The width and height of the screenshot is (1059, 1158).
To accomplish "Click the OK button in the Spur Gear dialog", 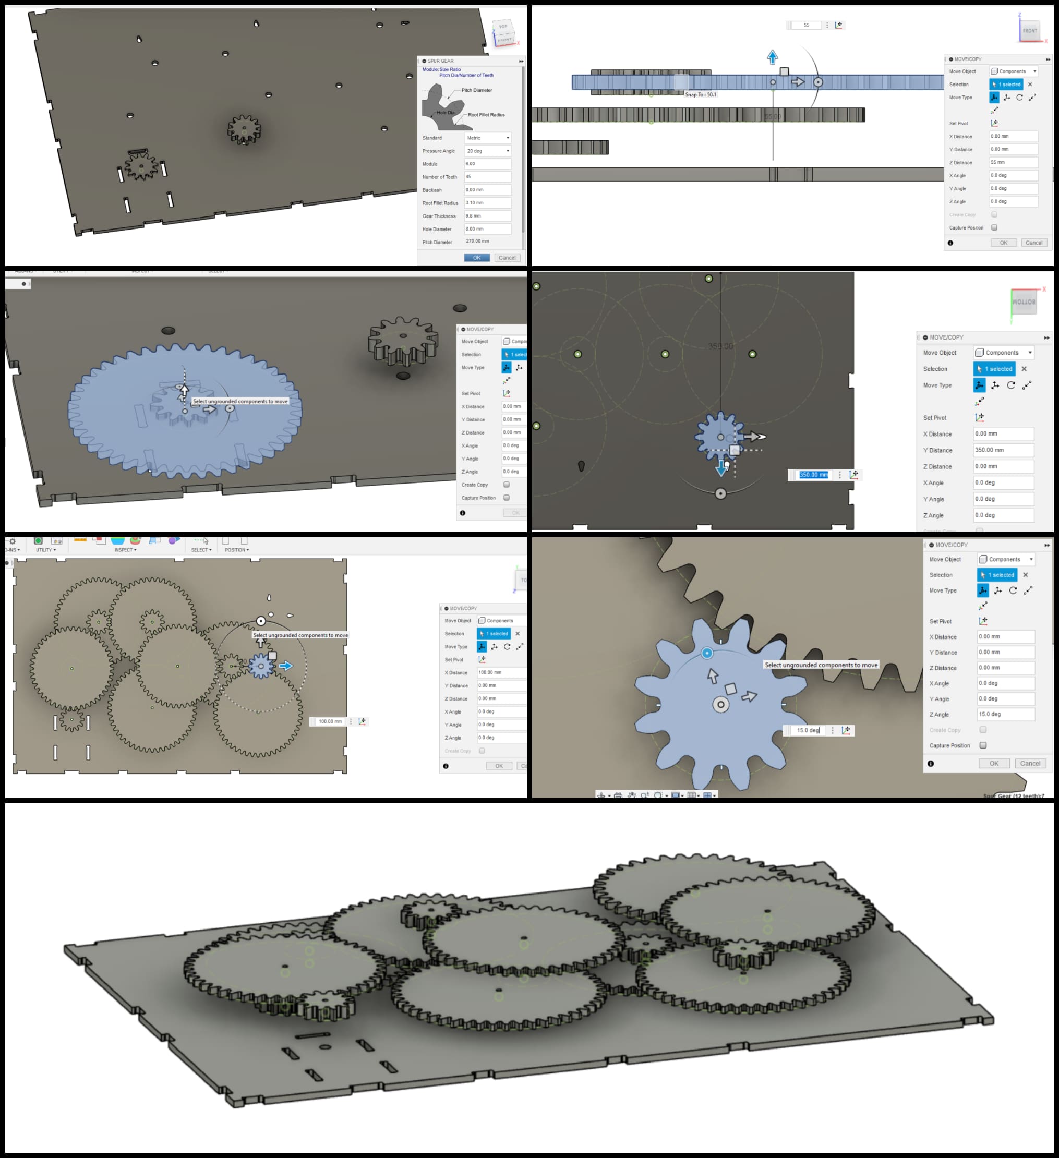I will click(x=476, y=257).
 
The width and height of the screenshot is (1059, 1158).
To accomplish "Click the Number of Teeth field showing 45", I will click(x=487, y=177).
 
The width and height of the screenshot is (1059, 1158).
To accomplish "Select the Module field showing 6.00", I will click(x=487, y=164).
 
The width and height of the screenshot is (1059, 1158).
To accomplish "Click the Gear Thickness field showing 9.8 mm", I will click(x=487, y=216).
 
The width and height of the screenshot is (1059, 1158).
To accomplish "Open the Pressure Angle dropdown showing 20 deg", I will click(x=487, y=151).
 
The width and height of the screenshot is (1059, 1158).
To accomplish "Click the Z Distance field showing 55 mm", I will click(x=1013, y=163).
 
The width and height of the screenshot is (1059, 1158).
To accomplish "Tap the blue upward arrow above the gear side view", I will click(x=772, y=57).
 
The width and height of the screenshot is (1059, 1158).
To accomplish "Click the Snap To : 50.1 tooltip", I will click(x=701, y=95).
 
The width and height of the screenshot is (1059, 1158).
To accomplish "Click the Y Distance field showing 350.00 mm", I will click(x=1003, y=450).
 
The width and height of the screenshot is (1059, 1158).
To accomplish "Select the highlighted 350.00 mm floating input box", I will click(x=813, y=475).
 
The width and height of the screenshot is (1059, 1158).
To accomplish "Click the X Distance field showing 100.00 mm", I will click(x=501, y=672).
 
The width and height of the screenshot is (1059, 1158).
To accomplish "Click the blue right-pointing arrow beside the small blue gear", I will click(x=285, y=666).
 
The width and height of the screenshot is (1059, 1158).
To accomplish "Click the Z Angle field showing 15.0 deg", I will click(x=1006, y=714).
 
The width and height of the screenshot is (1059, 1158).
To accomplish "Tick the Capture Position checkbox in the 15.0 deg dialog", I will click(x=983, y=745).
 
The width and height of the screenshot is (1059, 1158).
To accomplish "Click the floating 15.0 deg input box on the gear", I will click(x=808, y=730).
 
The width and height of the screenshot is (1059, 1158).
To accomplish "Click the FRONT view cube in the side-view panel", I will click(x=1029, y=30).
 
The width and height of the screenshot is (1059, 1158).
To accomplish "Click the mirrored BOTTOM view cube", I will click(x=1024, y=302).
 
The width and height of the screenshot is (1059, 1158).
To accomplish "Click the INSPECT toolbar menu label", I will click(x=125, y=550).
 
